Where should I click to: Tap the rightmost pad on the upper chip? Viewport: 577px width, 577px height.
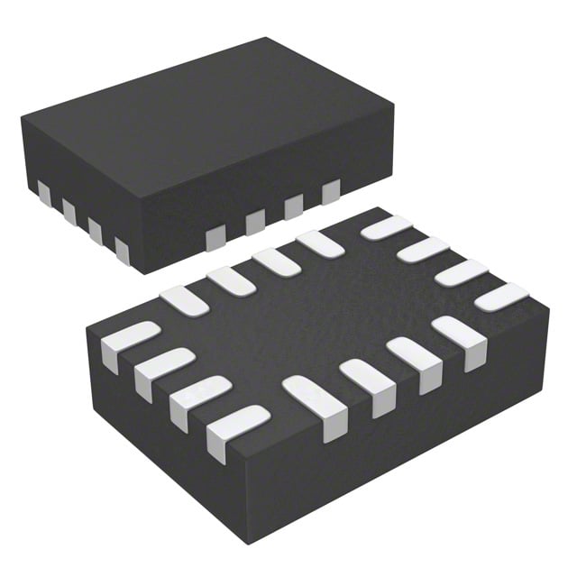tap(331, 191)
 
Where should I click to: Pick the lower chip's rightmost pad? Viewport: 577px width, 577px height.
tap(501, 298)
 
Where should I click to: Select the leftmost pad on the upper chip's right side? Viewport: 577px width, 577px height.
tap(215, 237)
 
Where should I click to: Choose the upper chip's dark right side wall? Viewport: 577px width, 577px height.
tap(270, 216)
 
